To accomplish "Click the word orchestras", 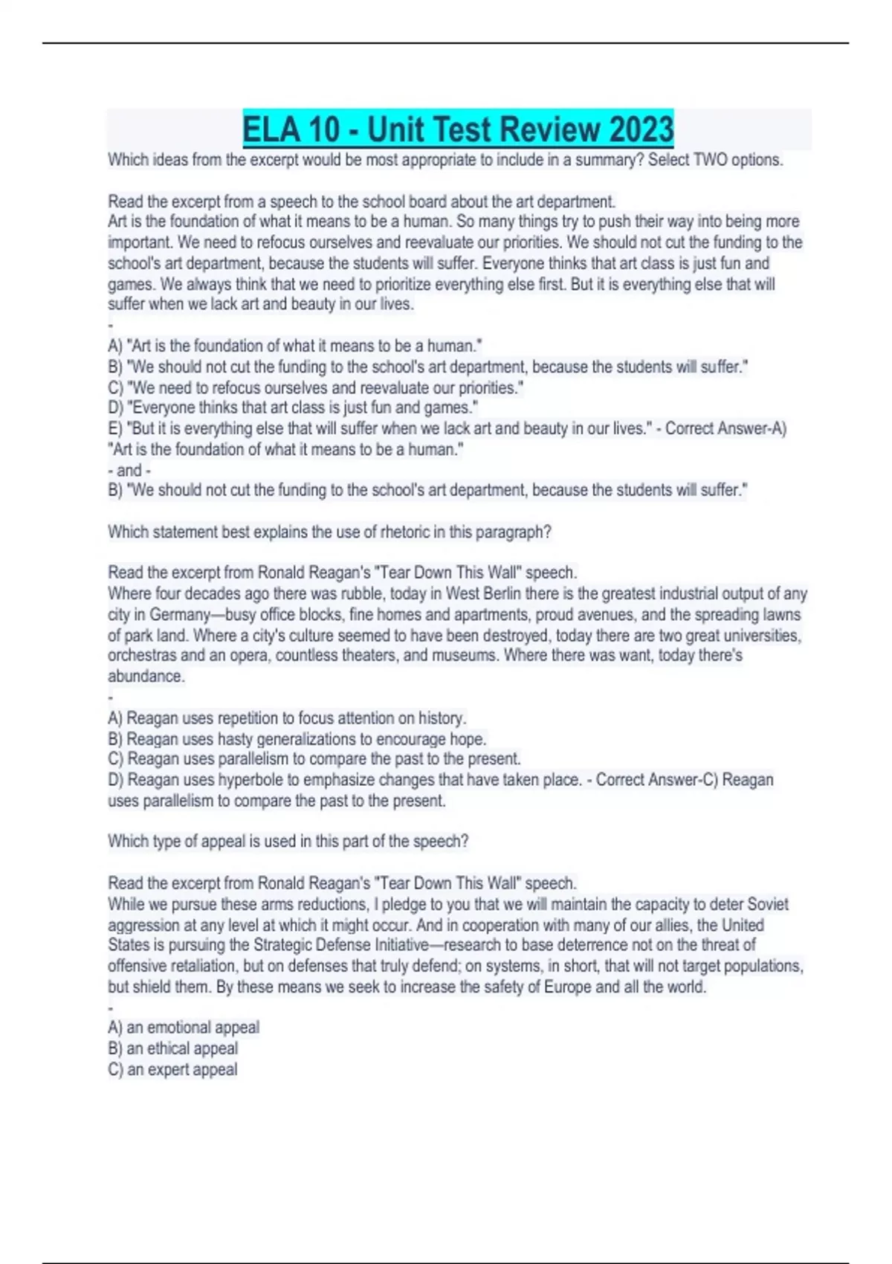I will tap(142, 656).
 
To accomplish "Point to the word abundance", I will tap(146, 677).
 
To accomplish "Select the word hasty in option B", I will tap(235, 739).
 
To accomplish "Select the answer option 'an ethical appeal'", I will tap(182, 1048).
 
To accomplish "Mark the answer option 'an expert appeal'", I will tap(182, 1069).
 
